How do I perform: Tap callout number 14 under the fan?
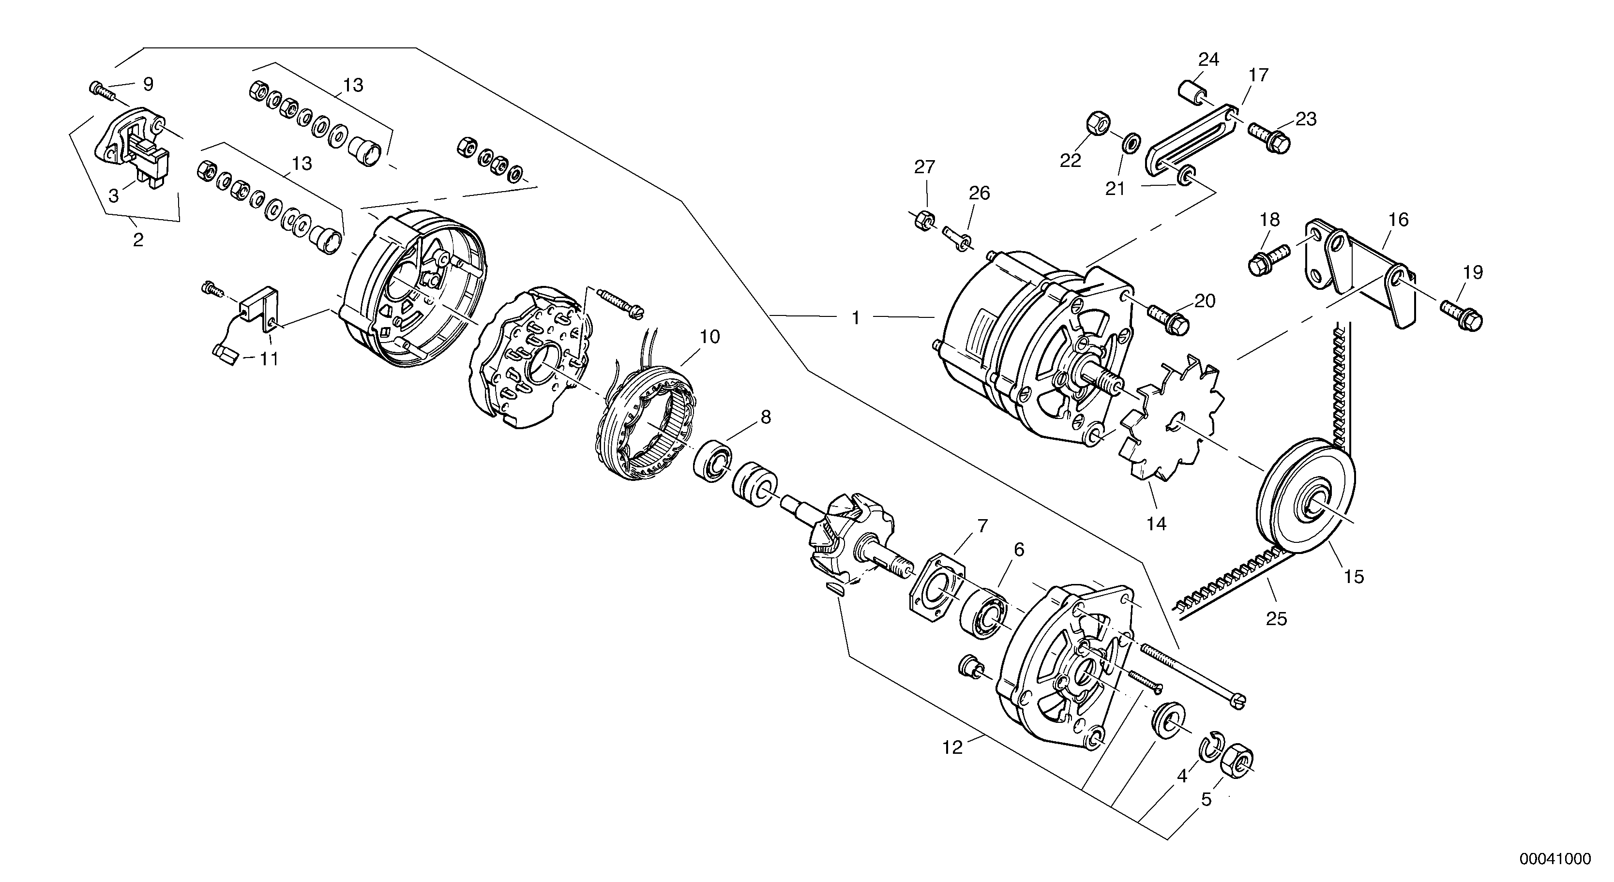[x=1156, y=523]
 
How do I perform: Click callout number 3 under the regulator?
[x=113, y=195]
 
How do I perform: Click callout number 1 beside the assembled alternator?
[x=856, y=319]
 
